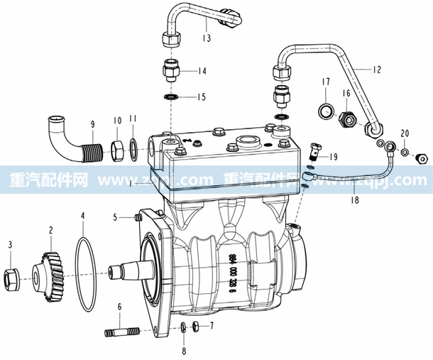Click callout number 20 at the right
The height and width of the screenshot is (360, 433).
pos(404,133)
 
